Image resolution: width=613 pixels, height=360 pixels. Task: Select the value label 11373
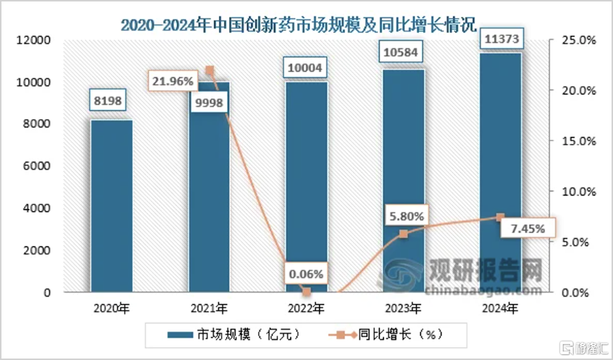point(500,38)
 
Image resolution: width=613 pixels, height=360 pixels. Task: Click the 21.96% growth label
point(172,81)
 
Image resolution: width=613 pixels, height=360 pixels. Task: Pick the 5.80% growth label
point(404,215)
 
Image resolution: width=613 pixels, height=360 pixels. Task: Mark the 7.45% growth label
point(528,229)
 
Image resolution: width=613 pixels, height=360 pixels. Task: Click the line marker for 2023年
point(403,234)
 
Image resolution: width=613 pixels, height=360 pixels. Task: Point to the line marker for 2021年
point(210,71)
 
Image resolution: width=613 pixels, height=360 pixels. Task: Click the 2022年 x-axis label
point(306,308)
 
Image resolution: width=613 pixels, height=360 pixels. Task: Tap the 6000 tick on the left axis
point(38,166)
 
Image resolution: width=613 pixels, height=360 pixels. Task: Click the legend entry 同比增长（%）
point(391,334)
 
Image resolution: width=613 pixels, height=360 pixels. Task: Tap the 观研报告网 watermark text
point(485,271)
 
